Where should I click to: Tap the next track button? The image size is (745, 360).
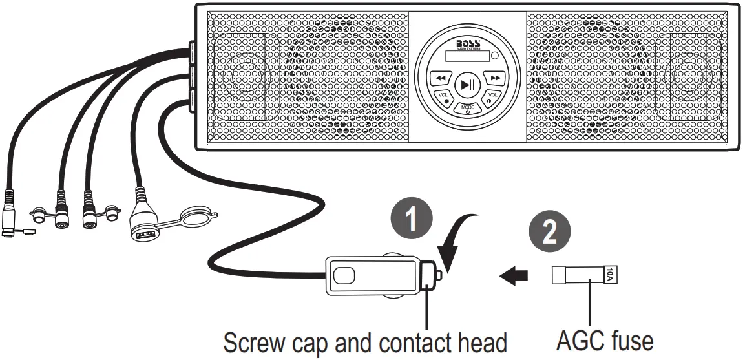coord(496,78)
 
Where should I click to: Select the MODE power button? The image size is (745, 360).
coord(468,109)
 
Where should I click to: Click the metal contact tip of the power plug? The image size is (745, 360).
coord(439,275)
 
